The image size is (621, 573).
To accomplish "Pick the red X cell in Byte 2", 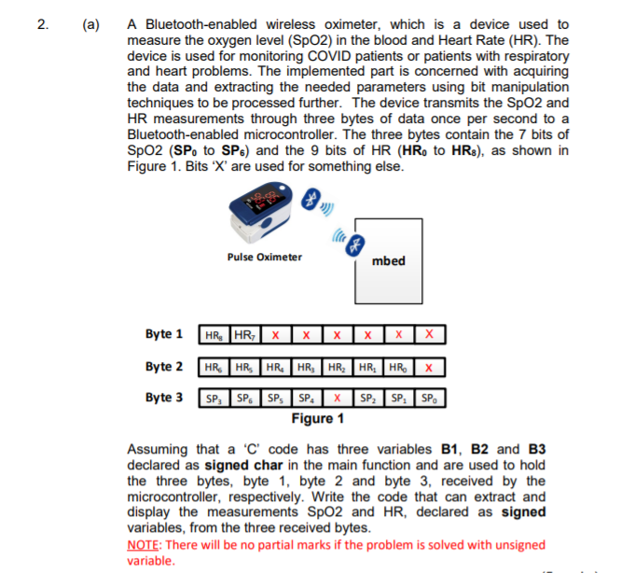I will [426, 366].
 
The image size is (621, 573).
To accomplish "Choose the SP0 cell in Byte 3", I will [429, 397].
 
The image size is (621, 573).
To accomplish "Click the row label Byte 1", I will [164, 334].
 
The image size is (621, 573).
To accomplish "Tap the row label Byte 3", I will [164, 397].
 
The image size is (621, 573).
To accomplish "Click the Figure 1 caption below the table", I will [316, 418].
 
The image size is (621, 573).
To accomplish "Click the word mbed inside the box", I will [388, 260].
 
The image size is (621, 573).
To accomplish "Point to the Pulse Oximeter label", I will [265, 257].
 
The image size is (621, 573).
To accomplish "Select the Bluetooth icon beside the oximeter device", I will [310, 198].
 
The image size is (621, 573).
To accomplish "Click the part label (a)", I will [91, 24].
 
